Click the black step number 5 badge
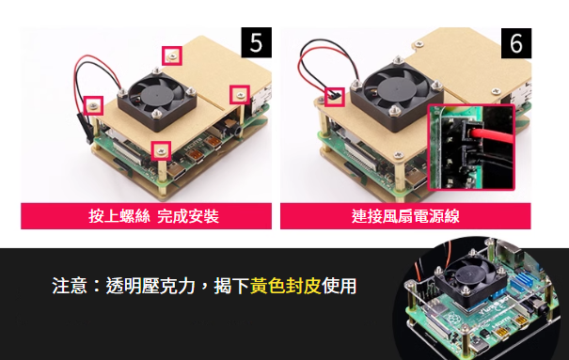point(256,42)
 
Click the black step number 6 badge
point(516,43)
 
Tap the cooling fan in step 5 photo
point(157,99)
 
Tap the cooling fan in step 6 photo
point(397,96)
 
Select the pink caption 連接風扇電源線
point(405,216)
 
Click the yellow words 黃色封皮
point(286,286)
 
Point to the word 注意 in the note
point(70,286)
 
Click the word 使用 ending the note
point(339,286)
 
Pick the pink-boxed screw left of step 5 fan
point(93,105)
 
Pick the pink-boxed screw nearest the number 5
point(172,55)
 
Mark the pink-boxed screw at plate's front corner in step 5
point(161,150)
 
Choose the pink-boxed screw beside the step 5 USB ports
point(240,95)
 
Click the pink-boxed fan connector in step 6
point(334,97)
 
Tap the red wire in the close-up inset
point(493,136)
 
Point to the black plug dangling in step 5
point(84,128)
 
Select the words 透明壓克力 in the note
point(150,286)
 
